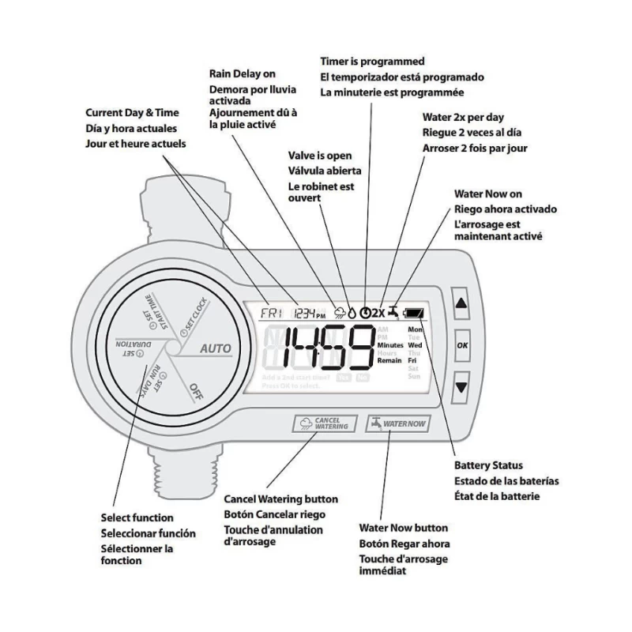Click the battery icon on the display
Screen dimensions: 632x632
[x=412, y=312]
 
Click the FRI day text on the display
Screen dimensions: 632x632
[x=272, y=312]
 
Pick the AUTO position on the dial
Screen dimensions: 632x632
[x=215, y=348]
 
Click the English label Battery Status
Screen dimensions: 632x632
[x=487, y=465]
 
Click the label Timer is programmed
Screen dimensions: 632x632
[x=372, y=61]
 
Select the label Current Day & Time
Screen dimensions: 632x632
[x=132, y=113]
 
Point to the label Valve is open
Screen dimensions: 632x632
[x=320, y=156]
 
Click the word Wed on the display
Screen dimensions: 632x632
[x=415, y=345]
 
